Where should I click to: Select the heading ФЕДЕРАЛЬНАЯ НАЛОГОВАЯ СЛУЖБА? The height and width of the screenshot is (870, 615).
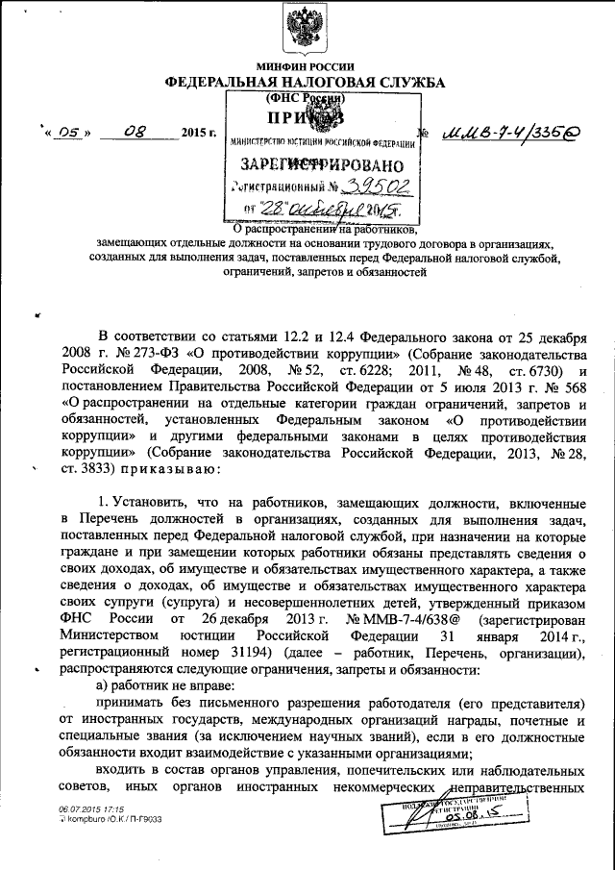tap(306, 84)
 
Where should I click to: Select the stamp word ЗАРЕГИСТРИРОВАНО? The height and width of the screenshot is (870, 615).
tap(319, 165)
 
